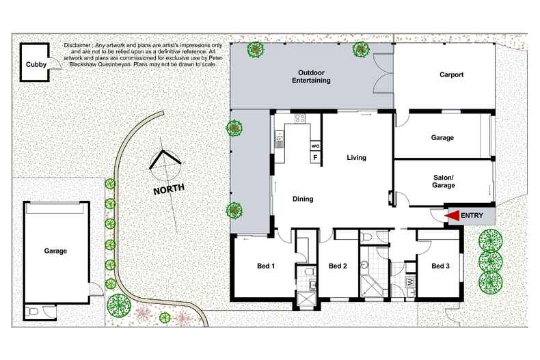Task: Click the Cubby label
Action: click(x=36, y=64)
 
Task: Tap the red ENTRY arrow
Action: click(x=452, y=215)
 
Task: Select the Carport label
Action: click(x=452, y=74)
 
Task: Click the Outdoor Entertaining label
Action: click(x=311, y=77)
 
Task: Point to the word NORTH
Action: click(x=169, y=189)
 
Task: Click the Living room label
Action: click(x=356, y=158)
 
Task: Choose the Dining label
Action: click(x=303, y=199)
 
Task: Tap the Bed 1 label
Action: click(x=266, y=266)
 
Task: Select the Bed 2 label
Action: click(x=338, y=266)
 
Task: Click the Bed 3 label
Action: click(x=440, y=266)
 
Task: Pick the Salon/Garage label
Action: click(x=444, y=182)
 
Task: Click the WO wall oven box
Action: click(x=315, y=146)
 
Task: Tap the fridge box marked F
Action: click(x=315, y=158)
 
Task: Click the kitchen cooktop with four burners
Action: click(x=300, y=119)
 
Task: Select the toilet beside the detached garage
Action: click(x=33, y=312)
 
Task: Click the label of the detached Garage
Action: click(x=55, y=251)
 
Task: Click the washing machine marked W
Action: click(x=410, y=282)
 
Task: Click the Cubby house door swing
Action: click(x=55, y=64)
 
